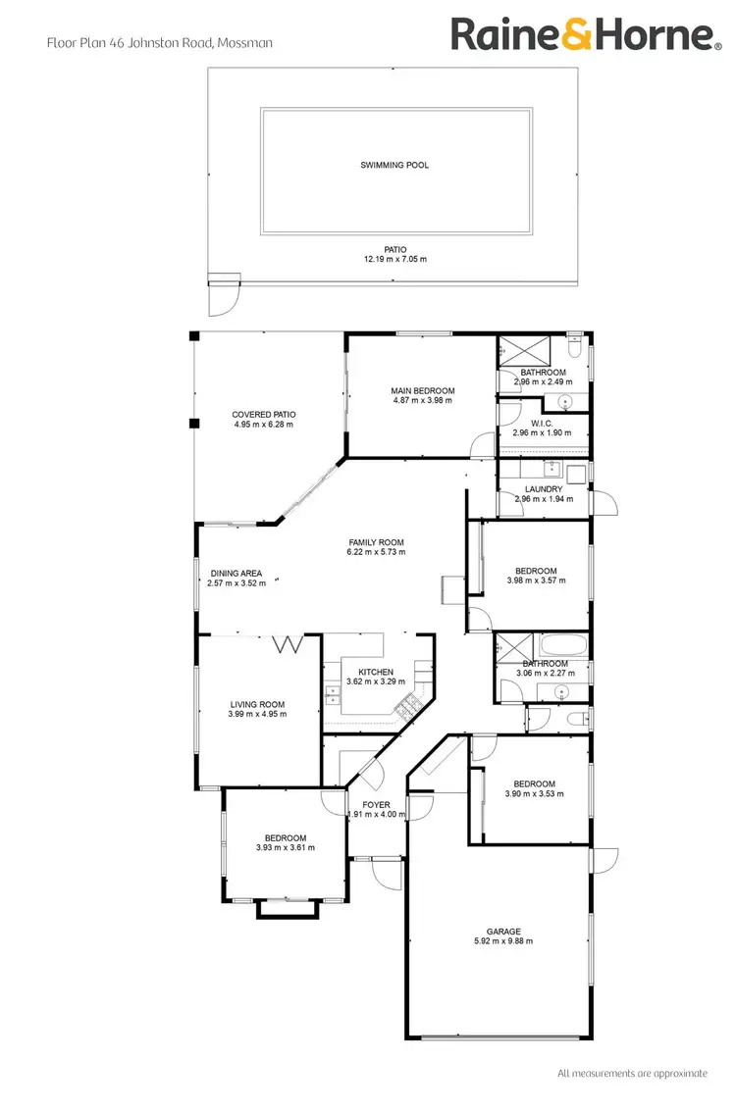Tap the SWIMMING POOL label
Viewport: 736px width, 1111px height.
coord(394,165)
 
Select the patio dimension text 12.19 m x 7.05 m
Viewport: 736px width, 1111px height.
coord(394,259)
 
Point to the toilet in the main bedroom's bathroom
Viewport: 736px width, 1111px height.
coord(576,347)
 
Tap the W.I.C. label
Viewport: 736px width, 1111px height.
coord(543,424)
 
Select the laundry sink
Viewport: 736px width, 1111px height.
coord(552,468)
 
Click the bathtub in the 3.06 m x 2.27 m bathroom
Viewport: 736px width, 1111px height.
coord(562,646)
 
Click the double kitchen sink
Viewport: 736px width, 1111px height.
coord(332,696)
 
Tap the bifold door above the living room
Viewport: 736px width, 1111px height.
coord(289,644)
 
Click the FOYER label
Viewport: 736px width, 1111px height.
coord(377,804)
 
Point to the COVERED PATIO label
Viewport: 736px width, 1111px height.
coord(264,414)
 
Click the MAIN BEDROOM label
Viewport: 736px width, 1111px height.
coord(423,390)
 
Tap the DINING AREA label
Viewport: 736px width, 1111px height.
coord(237,574)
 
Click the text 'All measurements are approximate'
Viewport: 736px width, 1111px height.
coord(632,1073)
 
